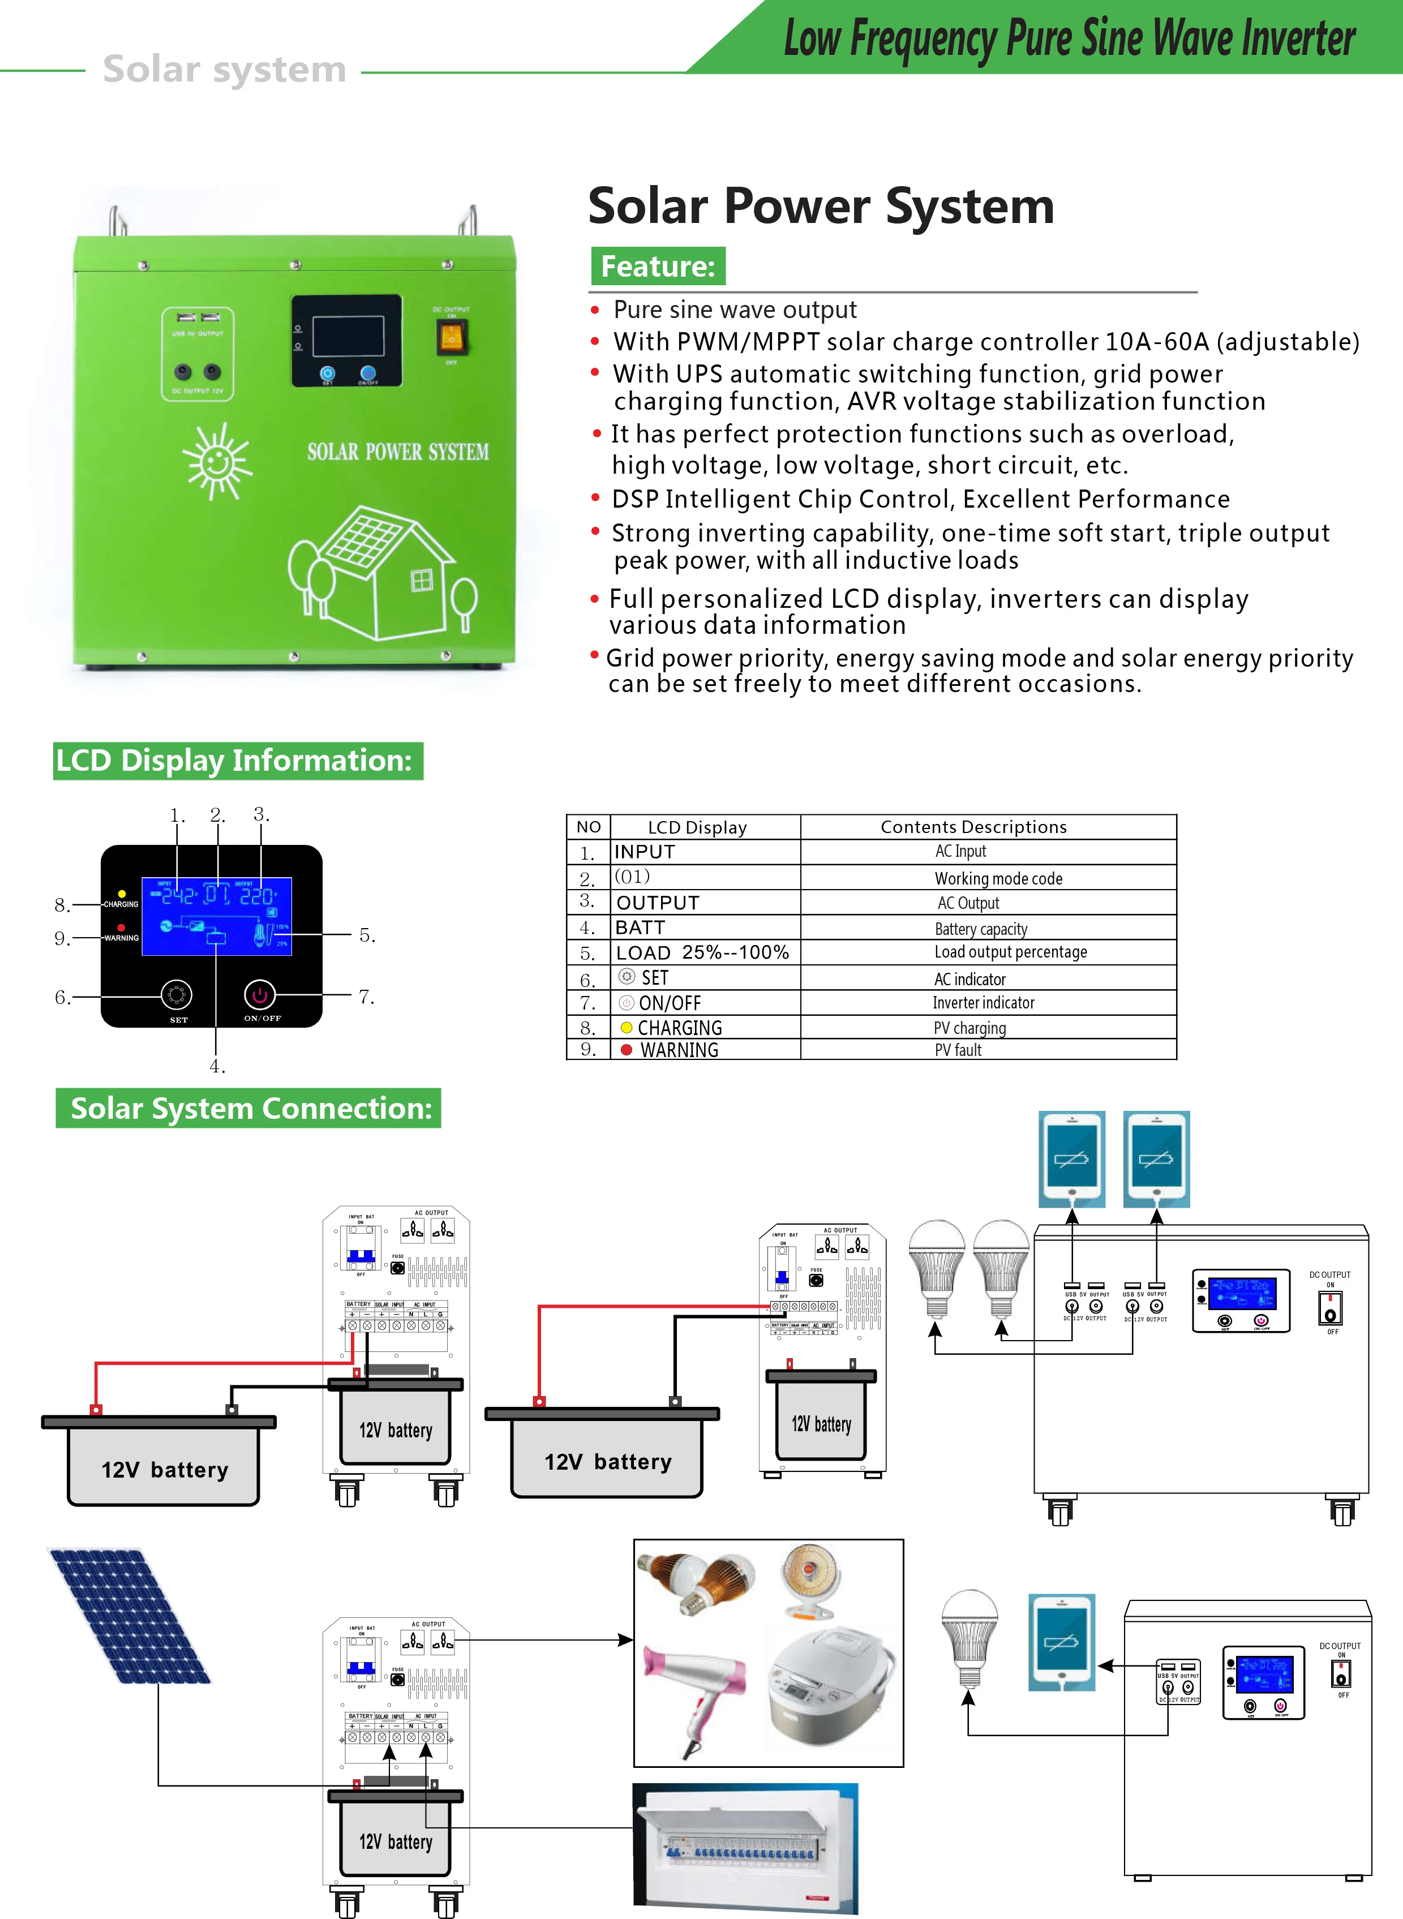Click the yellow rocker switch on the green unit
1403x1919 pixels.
click(452, 337)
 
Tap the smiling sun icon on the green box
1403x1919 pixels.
click(217, 462)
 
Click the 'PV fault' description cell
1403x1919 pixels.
click(958, 1050)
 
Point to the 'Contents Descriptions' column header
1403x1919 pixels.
click(973, 827)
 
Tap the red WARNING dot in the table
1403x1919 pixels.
click(627, 1050)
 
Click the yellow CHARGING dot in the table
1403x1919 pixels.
click(627, 1028)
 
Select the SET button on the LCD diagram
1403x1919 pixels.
click(177, 994)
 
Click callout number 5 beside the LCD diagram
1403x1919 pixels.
click(367, 935)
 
